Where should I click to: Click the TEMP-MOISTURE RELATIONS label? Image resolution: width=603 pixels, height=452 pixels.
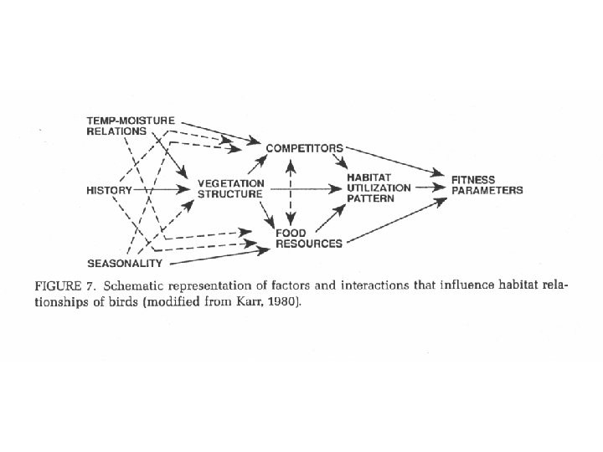(130, 126)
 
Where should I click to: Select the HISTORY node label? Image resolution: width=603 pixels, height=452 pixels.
(109, 190)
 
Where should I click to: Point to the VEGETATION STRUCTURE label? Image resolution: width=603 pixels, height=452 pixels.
(230, 189)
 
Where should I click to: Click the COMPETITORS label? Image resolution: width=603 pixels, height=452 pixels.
(304, 148)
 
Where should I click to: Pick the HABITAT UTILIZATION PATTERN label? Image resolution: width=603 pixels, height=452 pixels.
(378, 189)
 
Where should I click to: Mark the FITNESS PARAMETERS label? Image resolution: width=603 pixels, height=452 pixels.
(487, 185)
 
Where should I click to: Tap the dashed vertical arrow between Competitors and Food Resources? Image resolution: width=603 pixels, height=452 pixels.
(290, 191)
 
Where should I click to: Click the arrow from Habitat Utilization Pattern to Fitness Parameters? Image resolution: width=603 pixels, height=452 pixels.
(429, 189)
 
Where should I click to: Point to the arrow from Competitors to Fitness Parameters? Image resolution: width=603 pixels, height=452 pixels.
(394, 161)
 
